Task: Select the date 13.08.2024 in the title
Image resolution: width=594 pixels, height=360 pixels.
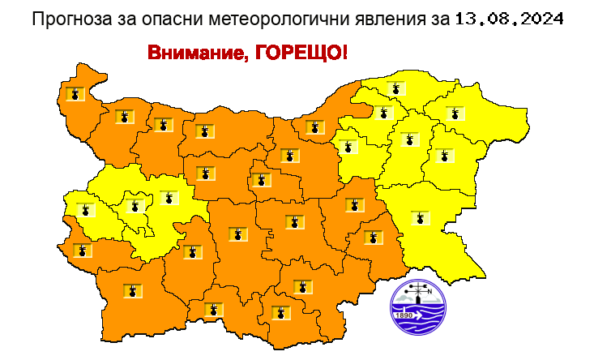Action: [498, 18]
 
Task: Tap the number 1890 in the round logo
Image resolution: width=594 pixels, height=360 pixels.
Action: [403, 314]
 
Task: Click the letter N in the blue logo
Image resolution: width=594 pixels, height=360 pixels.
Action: [431, 294]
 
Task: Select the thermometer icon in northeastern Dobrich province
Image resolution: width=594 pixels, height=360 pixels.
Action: [454, 113]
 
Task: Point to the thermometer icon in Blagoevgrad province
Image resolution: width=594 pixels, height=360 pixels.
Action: [131, 289]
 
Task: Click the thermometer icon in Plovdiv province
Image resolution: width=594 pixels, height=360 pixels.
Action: [237, 234]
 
